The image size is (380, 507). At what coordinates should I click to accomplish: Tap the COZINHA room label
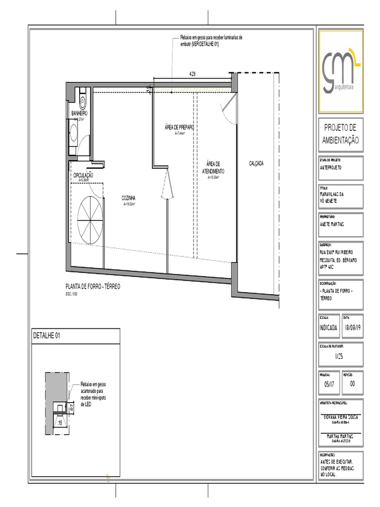129,199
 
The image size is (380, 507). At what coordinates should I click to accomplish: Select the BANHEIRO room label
79,114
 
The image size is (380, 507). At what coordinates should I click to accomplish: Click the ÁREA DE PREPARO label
179,127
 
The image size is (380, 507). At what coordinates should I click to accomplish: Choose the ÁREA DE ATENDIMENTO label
213,167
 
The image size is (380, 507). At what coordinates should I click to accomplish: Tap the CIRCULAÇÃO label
84,175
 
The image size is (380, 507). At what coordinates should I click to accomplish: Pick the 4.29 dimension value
192,74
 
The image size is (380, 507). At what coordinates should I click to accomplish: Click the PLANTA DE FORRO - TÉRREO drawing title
93,287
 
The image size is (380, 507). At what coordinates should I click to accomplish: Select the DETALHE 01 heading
47,335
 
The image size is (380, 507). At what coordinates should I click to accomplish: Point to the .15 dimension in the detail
60,423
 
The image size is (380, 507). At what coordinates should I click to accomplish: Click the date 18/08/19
353,328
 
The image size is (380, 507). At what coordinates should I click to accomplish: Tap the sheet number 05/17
329,384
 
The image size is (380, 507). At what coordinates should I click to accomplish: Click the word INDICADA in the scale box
329,328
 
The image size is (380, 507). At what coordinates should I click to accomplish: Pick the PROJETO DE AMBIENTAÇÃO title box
340,134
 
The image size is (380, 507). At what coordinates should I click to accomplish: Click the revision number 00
352,384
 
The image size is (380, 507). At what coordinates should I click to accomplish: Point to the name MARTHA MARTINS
340,436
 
